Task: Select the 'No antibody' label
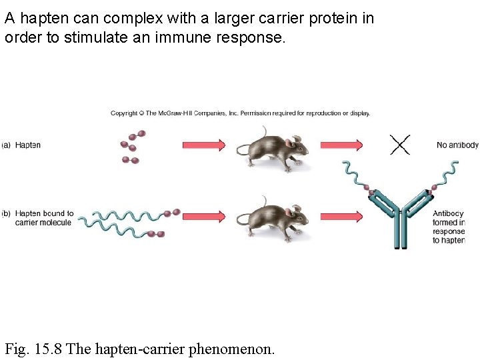click(457, 145)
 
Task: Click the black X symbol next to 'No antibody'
click(399, 145)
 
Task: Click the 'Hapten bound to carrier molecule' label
click(43, 218)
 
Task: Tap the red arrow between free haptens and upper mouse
click(204, 145)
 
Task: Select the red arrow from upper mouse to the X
click(341, 145)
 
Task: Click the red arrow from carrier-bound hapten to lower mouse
click(204, 217)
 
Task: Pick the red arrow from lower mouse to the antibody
click(341, 217)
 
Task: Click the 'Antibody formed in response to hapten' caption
click(449, 227)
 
